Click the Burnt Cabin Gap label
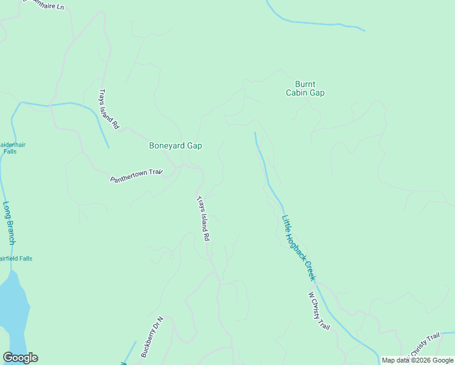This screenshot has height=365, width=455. [x=305, y=89]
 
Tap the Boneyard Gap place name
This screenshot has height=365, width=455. [x=175, y=146]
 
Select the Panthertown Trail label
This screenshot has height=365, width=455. [x=137, y=176]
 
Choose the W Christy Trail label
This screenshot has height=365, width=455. [x=319, y=311]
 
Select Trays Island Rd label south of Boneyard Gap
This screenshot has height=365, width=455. [x=203, y=218]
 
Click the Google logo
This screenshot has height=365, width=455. [x=20, y=358]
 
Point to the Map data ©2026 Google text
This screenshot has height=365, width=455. [x=417, y=360]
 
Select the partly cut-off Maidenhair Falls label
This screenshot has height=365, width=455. [x=9, y=148]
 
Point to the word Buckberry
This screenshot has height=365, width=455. [x=148, y=344]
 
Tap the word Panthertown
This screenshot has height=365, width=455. [x=129, y=177]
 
